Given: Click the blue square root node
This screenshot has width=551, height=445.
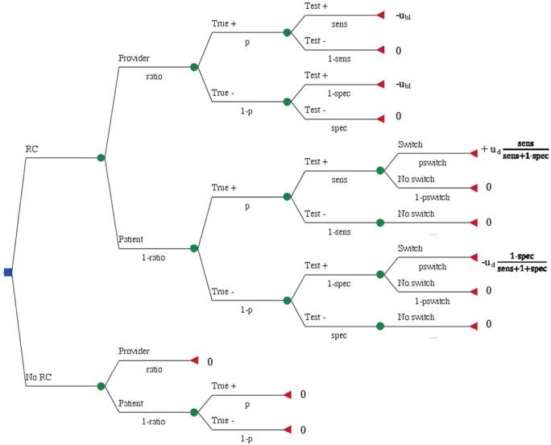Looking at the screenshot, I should (7, 272).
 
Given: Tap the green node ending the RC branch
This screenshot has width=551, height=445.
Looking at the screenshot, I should (101, 158).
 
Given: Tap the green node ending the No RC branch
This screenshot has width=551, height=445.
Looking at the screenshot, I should (101, 387).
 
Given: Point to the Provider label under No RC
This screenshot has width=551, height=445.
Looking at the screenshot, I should (135, 351).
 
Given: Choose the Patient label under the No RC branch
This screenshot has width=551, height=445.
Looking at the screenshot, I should (132, 403).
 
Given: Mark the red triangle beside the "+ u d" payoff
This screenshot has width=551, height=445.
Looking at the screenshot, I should (473, 152).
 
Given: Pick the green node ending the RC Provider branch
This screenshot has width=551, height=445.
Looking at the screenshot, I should (193, 68).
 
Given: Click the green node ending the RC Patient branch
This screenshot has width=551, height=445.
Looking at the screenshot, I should (193, 248).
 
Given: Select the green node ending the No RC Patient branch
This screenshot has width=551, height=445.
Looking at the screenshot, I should (193, 413).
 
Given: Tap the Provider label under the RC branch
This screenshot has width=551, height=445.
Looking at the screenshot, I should (135, 59).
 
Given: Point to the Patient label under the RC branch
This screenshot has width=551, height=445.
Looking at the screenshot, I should (132, 239).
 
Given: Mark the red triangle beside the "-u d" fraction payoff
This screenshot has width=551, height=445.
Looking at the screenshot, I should (473, 258).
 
